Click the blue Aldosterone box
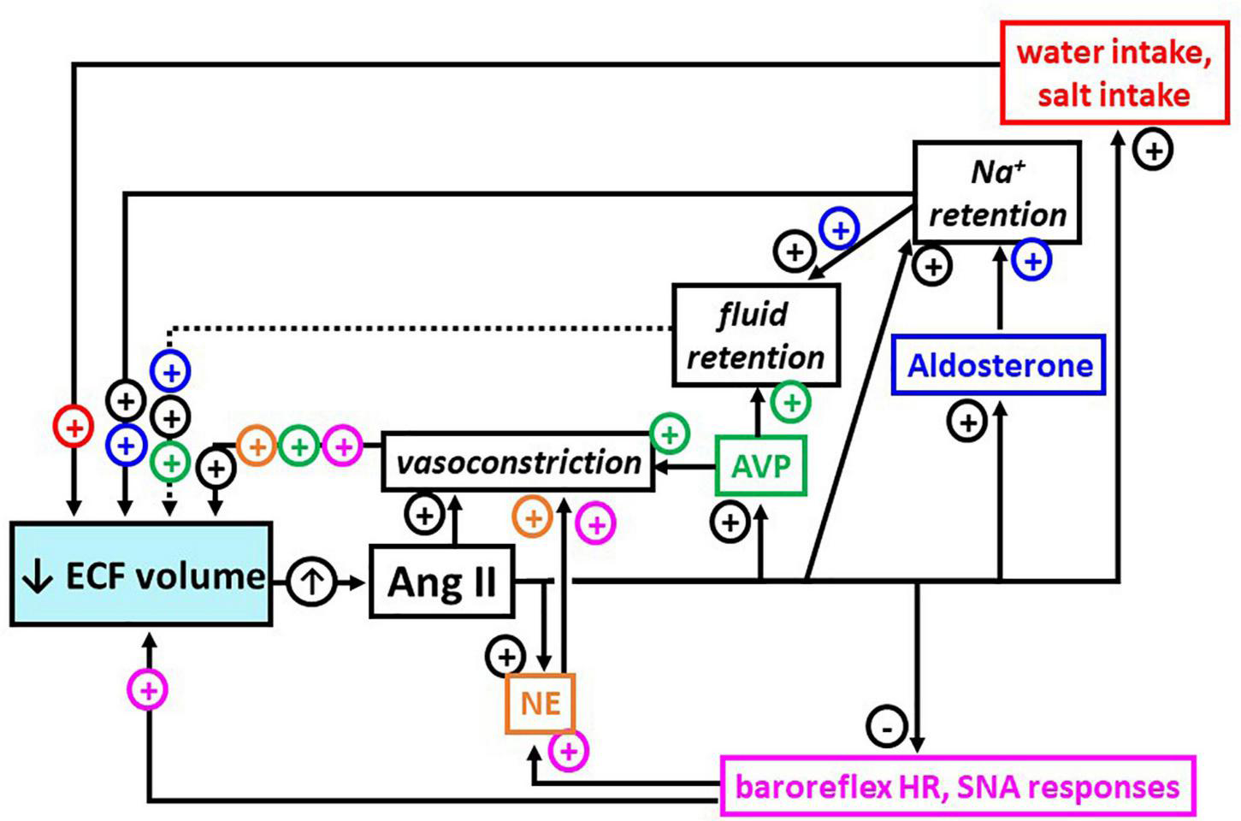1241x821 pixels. click(x=998, y=365)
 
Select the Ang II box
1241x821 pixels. click(x=441, y=582)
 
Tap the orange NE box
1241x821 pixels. click(x=541, y=704)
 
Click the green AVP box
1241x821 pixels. click(x=760, y=466)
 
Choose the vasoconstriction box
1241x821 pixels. click(x=518, y=463)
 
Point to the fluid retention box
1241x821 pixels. click(x=755, y=335)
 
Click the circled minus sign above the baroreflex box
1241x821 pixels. click(x=887, y=726)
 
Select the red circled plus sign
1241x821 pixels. click(x=74, y=426)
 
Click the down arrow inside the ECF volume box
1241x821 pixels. click(x=37, y=577)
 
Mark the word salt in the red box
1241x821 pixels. click(x=1067, y=94)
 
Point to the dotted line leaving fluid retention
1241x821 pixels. click(x=419, y=328)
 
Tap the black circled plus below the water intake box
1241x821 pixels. click(x=1153, y=151)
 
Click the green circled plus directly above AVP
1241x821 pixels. click(x=790, y=402)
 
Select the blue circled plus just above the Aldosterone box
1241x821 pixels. click(x=1031, y=260)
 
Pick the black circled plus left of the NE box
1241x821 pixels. click(x=505, y=657)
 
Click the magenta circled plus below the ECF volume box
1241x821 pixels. click(x=148, y=689)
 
